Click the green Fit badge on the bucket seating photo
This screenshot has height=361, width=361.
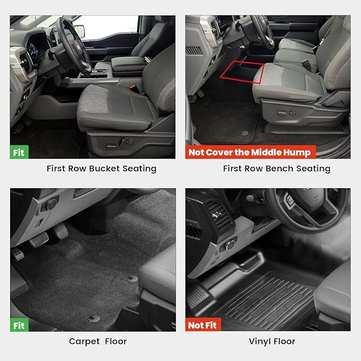click(x=19, y=152)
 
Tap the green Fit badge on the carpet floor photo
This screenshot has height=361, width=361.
click(x=19, y=325)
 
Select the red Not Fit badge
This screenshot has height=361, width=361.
click(x=203, y=325)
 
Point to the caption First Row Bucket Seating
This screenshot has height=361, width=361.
click(x=101, y=169)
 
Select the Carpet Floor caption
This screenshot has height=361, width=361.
click(x=98, y=341)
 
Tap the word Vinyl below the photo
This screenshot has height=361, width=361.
click(x=260, y=341)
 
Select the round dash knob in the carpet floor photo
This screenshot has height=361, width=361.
click(x=52, y=204)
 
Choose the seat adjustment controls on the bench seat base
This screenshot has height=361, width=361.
click(x=288, y=113)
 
